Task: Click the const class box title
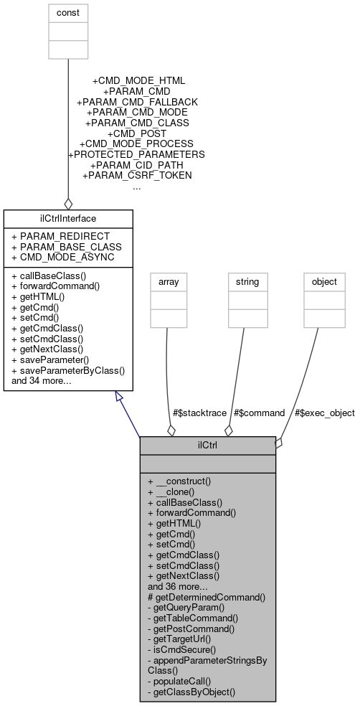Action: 67,13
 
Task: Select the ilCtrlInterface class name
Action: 67,217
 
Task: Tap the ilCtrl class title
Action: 207,445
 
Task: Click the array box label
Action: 167,282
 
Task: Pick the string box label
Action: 247,282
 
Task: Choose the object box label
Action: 323,282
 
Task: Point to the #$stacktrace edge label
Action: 199,413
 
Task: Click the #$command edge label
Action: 259,413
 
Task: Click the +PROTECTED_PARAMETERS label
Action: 136,154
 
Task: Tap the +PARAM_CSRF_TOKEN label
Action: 137,175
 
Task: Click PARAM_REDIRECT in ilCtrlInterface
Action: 61,236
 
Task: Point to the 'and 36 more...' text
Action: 178,585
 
